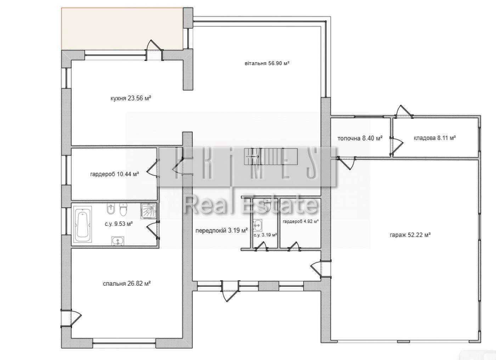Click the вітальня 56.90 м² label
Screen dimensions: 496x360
[x=267, y=63]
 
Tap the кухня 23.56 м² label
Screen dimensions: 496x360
[x=131, y=98]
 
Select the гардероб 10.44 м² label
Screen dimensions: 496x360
[x=114, y=174]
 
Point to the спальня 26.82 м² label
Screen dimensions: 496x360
[x=127, y=284]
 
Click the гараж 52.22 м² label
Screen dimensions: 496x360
[x=410, y=235]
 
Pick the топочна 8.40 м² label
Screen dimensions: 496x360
[x=360, y=138]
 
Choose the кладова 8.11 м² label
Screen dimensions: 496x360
[x=435, y=138]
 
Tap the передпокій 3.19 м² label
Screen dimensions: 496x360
[x=221, y=230]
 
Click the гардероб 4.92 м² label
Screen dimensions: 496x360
[x=301, y=221]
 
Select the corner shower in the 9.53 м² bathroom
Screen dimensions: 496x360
[x=148, y=211]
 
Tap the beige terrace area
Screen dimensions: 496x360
[x=122, y=29]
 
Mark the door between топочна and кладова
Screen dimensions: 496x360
[x=396, y=145]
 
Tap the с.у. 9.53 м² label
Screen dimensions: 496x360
[x=119, y=224]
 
